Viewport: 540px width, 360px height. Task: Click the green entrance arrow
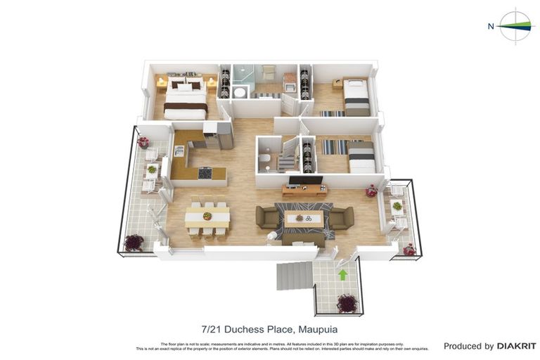pyautogui.click(x=342, y=275)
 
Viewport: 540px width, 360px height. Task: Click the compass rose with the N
pyautogui.click(x=515, y=27)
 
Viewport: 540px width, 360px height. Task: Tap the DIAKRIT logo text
pyautogui.click(x=517, y=346)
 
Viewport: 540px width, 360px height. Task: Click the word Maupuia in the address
pyautogui.click(x=318, y=329)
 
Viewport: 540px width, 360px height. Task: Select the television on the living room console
pyautogui.click(x=305, y=181)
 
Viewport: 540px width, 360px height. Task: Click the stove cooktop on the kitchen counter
pyautogui.click(x=205, y=172)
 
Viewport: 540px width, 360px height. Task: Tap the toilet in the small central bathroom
pyautogui.click(x=264, y=160)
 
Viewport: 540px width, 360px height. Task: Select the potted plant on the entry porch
pyautogui.click(x=346, y=302)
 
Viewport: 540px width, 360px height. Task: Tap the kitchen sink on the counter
pyautogui.click(x=179, y=150)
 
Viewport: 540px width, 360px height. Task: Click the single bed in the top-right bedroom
pyautogui.click(x=356, y=97)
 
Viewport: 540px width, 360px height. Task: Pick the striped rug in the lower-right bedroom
pyautogui.click(x=334, y=147)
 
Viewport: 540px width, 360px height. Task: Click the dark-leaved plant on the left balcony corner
pyautogui.click(x=134, y=243)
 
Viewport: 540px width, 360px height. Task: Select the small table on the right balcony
pyautogui.click(x=397, y=206)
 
